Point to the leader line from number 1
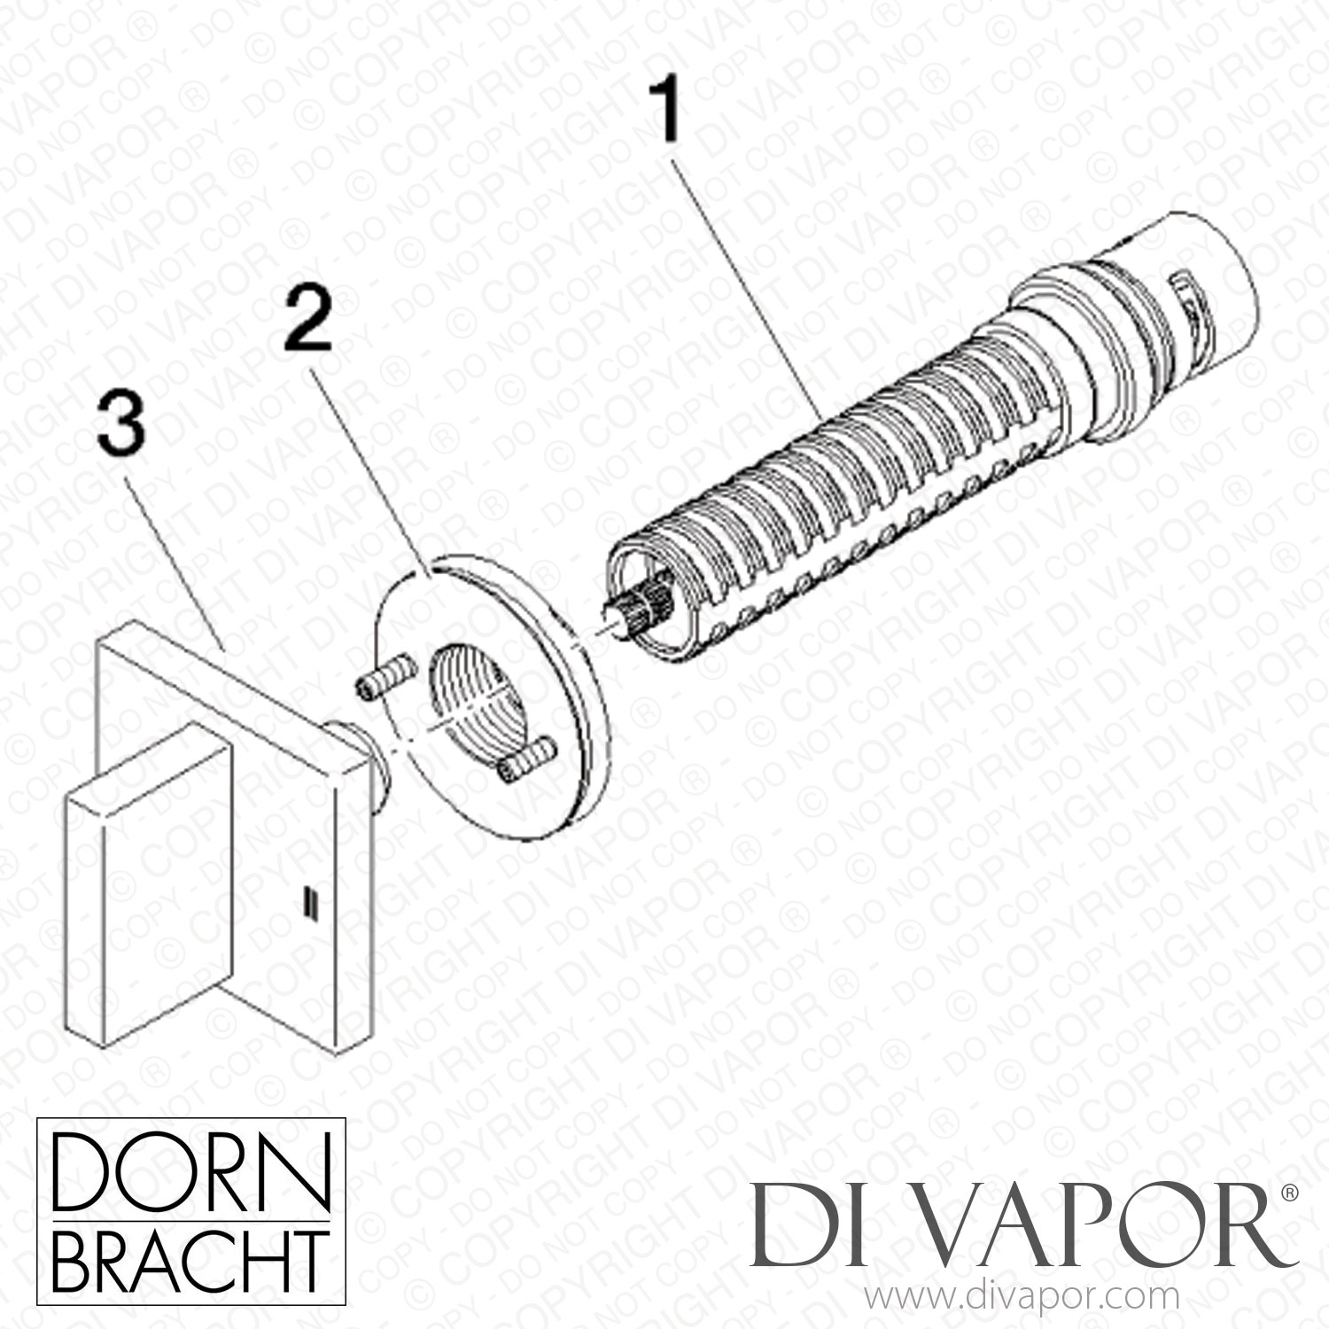pos(749,282)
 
